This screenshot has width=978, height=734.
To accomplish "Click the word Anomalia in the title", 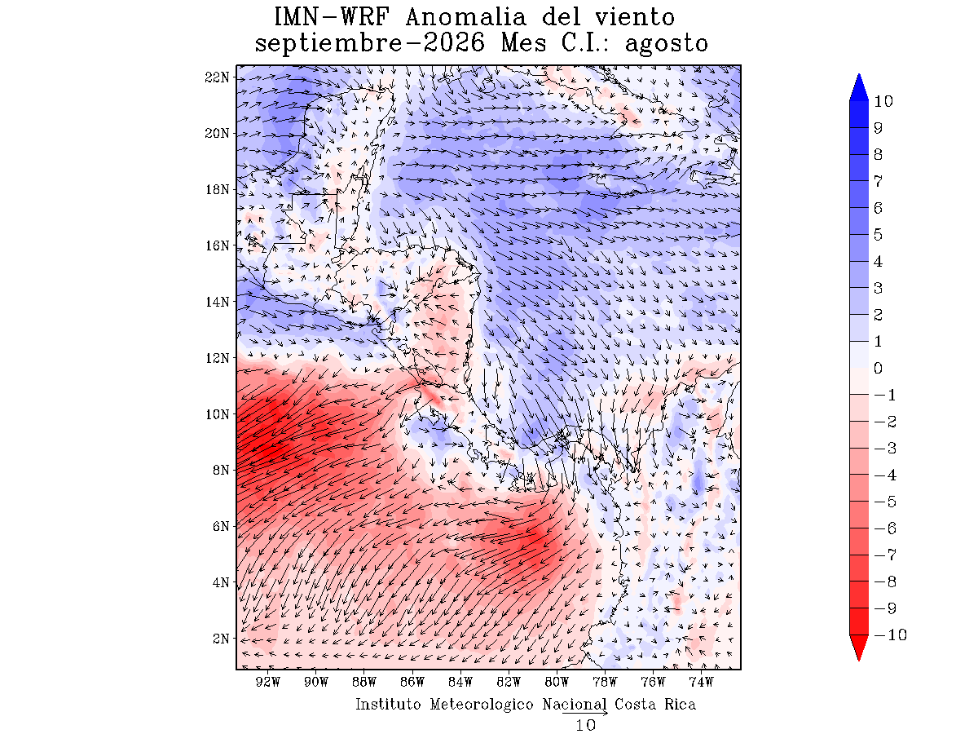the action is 465,17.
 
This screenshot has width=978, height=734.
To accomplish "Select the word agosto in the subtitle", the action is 666,44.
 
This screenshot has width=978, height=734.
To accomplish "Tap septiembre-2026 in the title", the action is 369,44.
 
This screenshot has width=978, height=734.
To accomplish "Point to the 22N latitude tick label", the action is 217,77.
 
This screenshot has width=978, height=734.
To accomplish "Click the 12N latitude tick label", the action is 217,358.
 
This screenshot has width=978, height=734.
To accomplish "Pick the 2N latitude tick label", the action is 221,639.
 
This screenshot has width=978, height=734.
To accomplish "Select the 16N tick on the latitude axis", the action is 217,245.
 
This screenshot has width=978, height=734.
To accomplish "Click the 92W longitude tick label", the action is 268,682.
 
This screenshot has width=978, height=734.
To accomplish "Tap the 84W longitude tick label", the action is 460,682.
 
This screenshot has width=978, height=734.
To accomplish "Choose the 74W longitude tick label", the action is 702,682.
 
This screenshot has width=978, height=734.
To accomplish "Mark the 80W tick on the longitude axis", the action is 557,682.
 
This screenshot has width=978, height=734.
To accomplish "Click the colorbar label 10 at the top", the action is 883,102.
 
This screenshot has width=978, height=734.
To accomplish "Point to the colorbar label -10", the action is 890,635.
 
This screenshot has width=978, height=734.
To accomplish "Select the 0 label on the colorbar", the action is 878,368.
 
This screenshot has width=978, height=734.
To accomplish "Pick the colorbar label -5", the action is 885,502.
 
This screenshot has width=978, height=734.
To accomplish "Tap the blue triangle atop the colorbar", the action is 859,89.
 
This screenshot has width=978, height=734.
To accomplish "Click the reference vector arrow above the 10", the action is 585,713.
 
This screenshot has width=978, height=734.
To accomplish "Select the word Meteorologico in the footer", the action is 481,704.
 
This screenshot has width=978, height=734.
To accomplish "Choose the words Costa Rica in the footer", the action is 655,704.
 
